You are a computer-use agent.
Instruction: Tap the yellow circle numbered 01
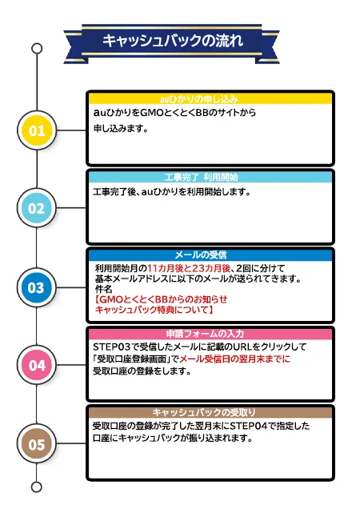[x=37, y=130]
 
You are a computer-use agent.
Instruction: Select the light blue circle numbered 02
[x=36, y=208]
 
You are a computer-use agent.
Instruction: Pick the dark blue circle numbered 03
[x=36, y=287]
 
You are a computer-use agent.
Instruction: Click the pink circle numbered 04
[x=37, y=365]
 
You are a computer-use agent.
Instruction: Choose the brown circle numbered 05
[x=36, y=444]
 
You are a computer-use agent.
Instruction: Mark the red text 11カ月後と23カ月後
[x=189, y=268]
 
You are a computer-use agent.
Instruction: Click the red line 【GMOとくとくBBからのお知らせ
[x=161, y=299]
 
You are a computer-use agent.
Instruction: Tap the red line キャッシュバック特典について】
[x=154, y=310]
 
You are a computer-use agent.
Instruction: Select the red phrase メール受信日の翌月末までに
[x=234, y=359]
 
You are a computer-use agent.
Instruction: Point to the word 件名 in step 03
[x=104, y=289]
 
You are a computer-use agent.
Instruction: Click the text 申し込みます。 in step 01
[x=121, y=129]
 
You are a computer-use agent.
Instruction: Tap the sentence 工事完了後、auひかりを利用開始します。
[x=172, y=191]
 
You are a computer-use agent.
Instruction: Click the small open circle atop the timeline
[x=37, y=49]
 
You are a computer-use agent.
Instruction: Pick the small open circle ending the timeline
[x=37, y=487]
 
